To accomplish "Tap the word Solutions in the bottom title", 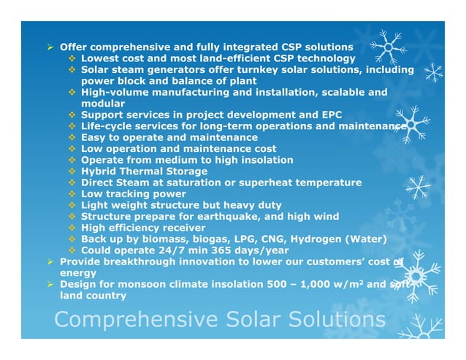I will [329, 321].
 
